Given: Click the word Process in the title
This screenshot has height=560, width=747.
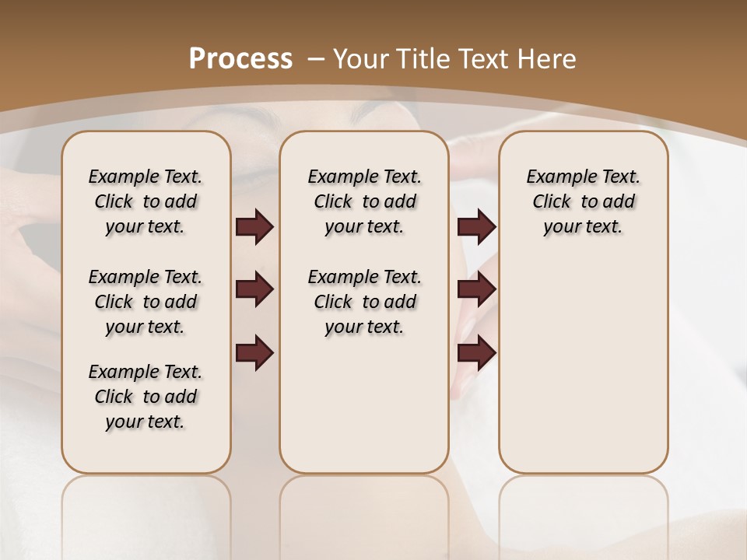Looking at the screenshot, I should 240,58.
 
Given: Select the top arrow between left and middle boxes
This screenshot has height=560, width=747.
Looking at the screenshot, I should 254,226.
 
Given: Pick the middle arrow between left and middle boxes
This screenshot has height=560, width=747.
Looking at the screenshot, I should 254,289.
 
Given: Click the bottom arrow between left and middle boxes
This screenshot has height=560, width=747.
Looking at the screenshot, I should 254,353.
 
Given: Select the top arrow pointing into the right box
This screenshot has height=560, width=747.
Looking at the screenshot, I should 476,226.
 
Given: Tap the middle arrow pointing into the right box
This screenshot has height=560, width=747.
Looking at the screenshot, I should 476,289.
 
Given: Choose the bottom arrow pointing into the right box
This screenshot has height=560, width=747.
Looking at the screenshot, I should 476,353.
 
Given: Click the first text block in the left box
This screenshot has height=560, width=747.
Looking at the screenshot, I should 146,201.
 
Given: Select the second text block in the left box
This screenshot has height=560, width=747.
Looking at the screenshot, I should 146,302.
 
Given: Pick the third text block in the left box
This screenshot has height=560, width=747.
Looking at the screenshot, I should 146,397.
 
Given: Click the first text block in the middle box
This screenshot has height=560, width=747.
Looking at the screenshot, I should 364,201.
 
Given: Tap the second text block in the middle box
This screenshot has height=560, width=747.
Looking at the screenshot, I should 364,302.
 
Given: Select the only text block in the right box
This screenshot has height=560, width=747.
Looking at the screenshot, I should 583,201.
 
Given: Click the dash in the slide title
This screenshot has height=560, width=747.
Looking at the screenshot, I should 316,58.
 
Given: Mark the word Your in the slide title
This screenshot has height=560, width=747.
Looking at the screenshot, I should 359,58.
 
